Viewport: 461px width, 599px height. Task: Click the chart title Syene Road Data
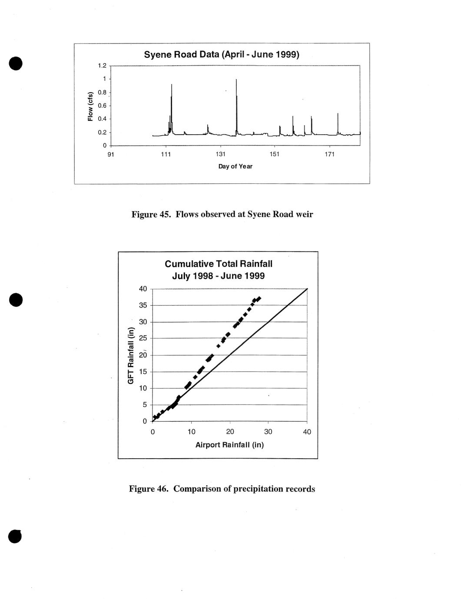point(222,55)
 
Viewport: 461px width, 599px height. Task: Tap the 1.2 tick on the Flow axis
point(102,66)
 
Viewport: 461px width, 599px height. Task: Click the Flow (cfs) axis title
point(90,106)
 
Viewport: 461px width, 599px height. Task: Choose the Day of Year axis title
point(235,166)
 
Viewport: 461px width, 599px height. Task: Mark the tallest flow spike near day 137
point(236,80)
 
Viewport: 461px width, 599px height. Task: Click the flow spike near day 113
point(172,85)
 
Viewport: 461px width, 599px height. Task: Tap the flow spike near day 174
point(338,114)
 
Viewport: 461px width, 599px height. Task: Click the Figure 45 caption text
point(222,214)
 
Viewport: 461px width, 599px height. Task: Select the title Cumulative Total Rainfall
point(219,264)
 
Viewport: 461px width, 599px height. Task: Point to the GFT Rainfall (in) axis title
point(130,355)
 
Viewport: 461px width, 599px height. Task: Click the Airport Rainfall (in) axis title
point(229,445)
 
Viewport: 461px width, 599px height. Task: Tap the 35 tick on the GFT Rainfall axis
point(143,305)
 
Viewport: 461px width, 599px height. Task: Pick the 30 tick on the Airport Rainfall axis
point(268,432)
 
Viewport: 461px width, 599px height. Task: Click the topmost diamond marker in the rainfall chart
point(259,298)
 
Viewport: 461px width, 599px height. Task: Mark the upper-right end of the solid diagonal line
point(307,289)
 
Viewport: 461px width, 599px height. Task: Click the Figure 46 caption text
point(222,489)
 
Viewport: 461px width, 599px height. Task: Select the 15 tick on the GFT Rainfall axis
point(143,372)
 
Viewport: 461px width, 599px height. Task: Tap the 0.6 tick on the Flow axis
point(102,106)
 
